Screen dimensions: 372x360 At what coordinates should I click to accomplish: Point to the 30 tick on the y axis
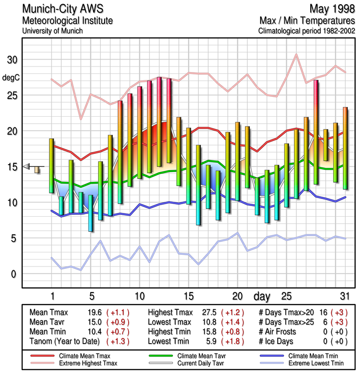[x=12, y=60]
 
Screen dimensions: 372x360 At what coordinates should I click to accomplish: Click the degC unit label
[x=11, y=78]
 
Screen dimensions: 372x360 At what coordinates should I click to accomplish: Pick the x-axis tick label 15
[x=188, y=296]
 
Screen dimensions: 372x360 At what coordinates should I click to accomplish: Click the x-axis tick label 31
[x=345, y=296]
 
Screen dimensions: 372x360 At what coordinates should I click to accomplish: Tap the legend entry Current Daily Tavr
[x=194, y=363]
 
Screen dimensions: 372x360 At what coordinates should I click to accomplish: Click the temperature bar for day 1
[x=52, y=166]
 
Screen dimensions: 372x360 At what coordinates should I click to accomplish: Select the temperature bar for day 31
[x=345, y=148]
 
